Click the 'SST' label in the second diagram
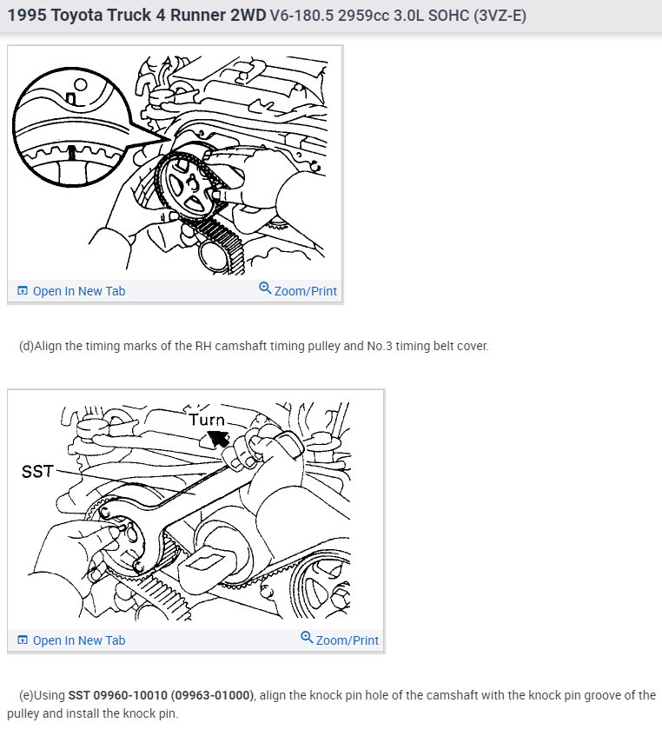(37, 471)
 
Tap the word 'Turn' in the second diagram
(207, 420)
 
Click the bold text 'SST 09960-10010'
(118, 695)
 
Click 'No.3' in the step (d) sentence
(380, 346)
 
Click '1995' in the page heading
(27, 15)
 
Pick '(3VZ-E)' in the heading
(500, 16)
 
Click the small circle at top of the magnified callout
(81, 84)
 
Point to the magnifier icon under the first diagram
(265, 288)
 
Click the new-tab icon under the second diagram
(22, 640)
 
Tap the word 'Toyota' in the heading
(77, 15)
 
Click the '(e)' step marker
(26, 695)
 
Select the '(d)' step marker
(26, 346)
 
